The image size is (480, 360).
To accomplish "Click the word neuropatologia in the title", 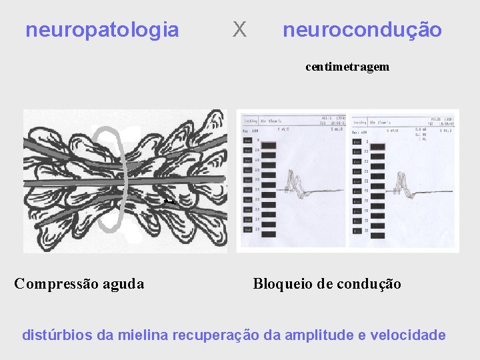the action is [x=102, y=30].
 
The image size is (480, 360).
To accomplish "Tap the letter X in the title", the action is [x=239, y=29].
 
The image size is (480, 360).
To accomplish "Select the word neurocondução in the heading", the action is [x=362, y=30].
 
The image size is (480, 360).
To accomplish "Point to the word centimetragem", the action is [x=347, y=67].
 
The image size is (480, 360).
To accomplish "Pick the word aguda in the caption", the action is [x=123, y=284].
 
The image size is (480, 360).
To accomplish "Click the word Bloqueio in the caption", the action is [x=281, y=284].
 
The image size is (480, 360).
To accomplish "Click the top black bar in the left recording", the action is [x=269, y=145].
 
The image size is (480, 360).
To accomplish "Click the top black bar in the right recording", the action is [x=377, y=146].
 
